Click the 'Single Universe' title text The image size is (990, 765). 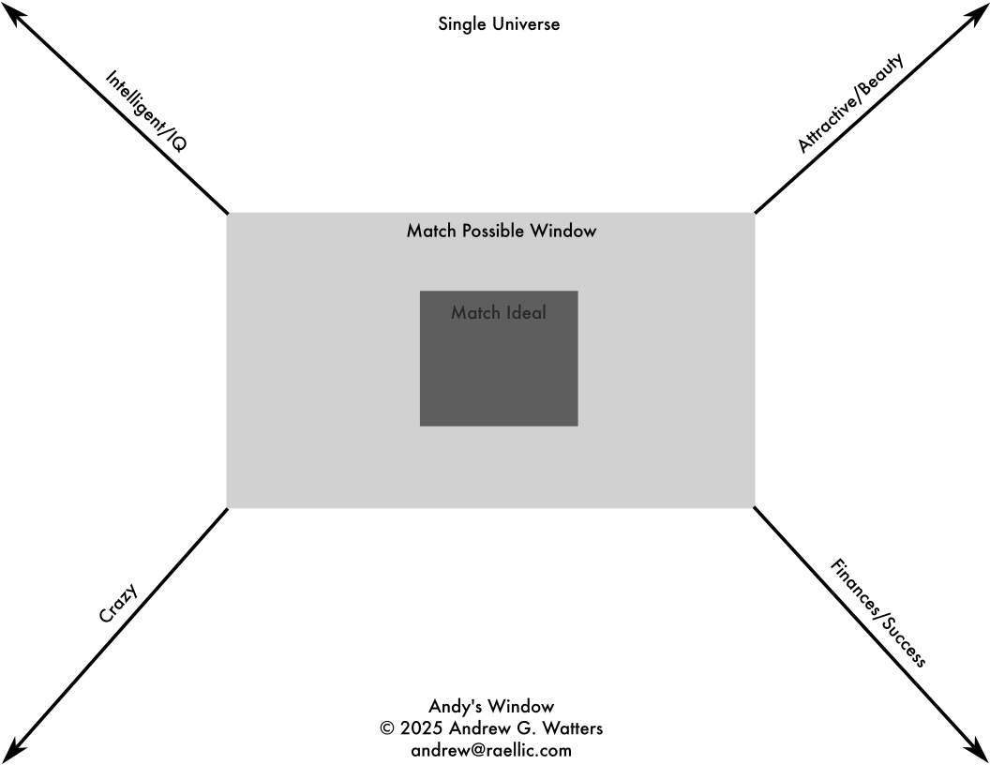coord(499,24)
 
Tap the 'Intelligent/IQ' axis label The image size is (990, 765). coord(146,111)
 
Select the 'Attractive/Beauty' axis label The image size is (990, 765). coord(850,103)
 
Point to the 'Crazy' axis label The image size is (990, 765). coord(118,604)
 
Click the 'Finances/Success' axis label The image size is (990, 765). coord(877,612)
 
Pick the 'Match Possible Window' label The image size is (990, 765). coord(502,231)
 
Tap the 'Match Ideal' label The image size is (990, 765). coord(499,312)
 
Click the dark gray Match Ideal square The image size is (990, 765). coord(499,358)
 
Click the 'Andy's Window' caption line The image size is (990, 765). coord(491,706)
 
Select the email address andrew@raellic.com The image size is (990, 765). coord(491,751)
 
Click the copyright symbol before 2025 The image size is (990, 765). coord(387,728)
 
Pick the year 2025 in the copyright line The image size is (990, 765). coord(421,728)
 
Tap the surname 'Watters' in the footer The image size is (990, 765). coord(574,728)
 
